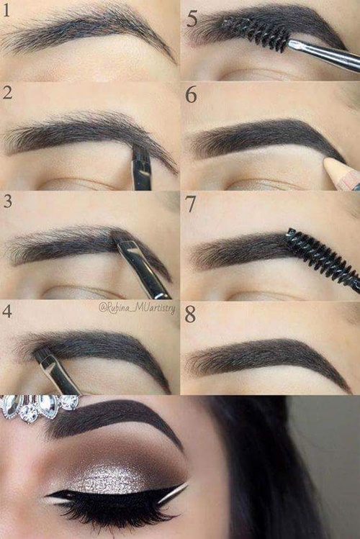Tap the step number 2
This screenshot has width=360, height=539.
(x=8, y=92)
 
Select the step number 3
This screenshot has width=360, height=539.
(x=8, y=201)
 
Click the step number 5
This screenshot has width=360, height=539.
(x=192, y=19)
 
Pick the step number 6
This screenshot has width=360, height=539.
(x=192, y=95)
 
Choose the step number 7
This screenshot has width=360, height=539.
(x=190, y=204)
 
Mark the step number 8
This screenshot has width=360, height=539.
(x=190, y=314)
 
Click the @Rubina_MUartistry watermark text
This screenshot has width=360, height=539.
(x=137, y=308)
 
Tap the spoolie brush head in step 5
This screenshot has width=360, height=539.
(x=256, y=34)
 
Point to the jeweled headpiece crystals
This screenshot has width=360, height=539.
(x=38, y=407)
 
